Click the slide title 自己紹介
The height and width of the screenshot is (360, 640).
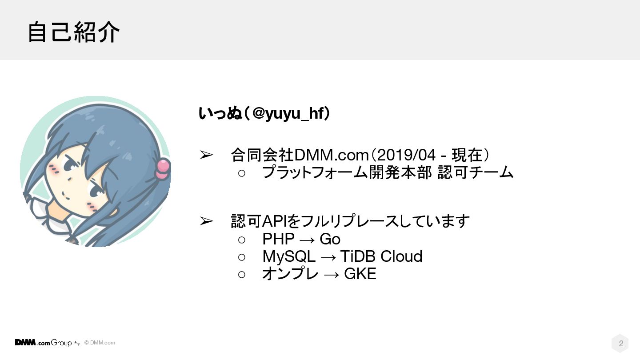click(73, 32)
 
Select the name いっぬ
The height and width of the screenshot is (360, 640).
click(220, 114)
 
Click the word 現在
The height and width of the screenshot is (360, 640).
click(467, 155)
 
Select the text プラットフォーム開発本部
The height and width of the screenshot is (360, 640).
click(347, 172)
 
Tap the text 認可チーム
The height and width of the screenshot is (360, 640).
click(476, 172)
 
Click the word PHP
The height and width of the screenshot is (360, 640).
click(278, 239)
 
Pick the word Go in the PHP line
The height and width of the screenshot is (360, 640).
click(330, 239)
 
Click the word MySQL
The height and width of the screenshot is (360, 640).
click(289, 256)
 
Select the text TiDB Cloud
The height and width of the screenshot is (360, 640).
click(381, 256)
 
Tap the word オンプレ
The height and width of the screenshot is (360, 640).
click(290, 274)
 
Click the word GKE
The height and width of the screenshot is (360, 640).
click(360, 274)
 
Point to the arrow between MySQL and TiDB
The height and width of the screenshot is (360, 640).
click(328, 257)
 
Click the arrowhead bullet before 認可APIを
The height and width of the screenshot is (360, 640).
click(206, 221)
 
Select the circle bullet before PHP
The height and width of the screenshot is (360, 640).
click(242, 240)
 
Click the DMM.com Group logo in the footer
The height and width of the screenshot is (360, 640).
click(44, 343)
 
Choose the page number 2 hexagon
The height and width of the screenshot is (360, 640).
click(620, 343)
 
